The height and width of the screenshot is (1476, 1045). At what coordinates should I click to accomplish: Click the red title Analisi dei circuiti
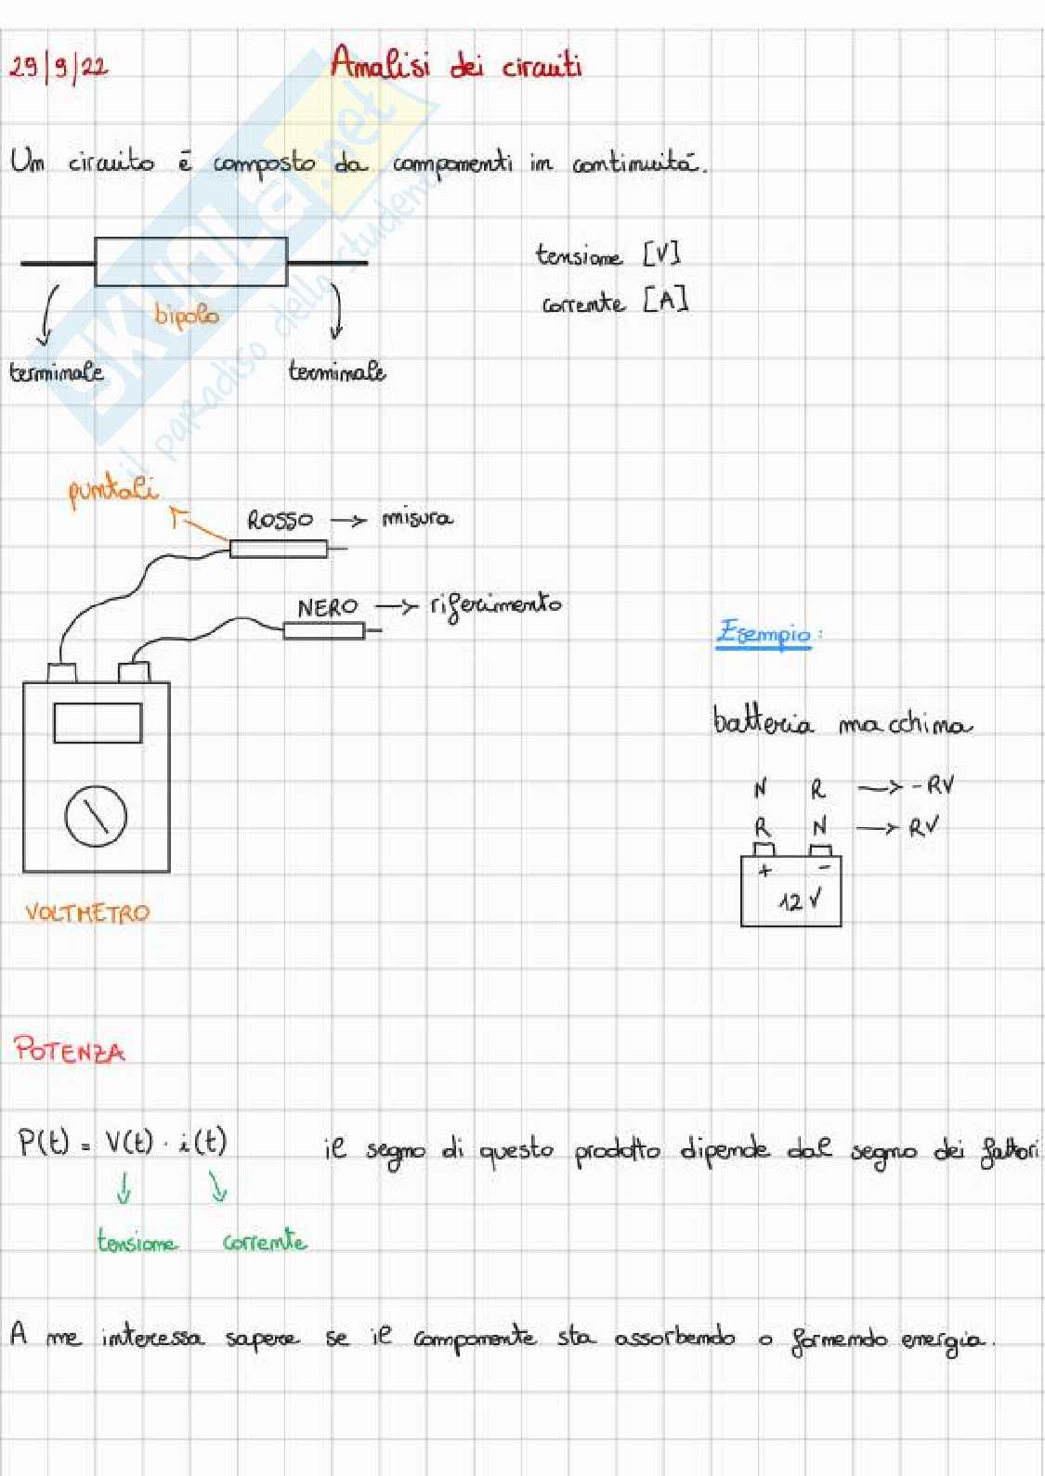pos(455,65)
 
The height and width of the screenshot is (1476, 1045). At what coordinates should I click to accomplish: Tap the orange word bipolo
pos(187,316)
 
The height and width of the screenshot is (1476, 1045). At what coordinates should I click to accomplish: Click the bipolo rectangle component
pos(191,262)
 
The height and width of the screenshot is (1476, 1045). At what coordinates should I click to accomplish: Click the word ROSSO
pos(280,520)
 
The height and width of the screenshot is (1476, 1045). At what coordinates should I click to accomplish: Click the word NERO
pos(327,607)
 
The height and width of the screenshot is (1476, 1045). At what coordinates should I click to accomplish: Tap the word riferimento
pos(496,605)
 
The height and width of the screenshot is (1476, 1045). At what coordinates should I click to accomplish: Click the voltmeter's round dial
pos(96,816)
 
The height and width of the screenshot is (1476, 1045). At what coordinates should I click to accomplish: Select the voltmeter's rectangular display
pos(98,723)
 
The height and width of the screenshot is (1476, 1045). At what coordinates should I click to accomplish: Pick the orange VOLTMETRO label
pos(86,912)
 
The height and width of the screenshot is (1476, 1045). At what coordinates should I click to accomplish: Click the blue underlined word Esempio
pos(764,634)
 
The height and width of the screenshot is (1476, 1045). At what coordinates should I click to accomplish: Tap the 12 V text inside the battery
pos(799,900)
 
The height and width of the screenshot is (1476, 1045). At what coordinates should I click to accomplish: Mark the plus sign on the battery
pos(764,871)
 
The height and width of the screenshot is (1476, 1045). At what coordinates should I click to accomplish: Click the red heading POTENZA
pos(69,1051)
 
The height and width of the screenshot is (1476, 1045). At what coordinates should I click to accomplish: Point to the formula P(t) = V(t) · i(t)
pos(123,1142)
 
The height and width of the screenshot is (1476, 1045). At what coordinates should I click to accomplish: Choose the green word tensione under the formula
pos(137,1242)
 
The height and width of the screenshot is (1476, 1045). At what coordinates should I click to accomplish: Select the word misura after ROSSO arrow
pos(417,518)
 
